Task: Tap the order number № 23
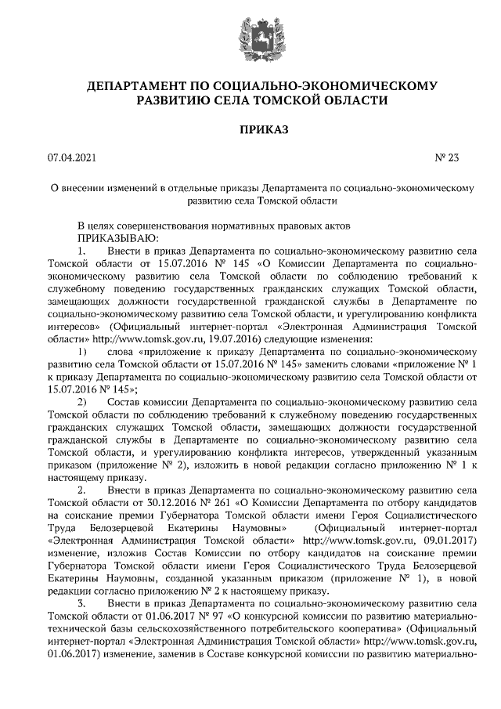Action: (x=446, y=158)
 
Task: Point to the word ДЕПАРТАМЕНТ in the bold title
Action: (x=134, y=85)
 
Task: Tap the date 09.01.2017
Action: (x=448, y=540)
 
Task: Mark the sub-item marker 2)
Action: (x=82, y=402)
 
